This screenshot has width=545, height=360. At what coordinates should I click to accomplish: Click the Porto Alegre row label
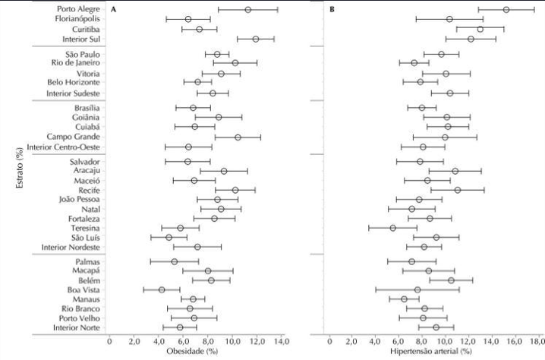pos(78,9)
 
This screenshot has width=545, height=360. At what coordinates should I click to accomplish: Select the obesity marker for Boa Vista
pos(162,289)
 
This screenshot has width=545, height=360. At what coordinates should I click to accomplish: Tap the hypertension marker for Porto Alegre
pos(506,10)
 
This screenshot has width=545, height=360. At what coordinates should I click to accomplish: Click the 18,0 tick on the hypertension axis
pos(537,341)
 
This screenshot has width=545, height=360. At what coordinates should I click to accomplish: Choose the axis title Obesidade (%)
pos(192,351)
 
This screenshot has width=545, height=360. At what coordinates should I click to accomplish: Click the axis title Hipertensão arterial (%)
pos(431,351)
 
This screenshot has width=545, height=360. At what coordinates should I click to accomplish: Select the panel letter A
pos(113,9)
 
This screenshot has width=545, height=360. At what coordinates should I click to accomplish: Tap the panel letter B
pos(332,9)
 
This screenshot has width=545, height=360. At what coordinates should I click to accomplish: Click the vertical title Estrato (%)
pos(20,168)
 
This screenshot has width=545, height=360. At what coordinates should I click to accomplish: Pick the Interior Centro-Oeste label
pos(63,147)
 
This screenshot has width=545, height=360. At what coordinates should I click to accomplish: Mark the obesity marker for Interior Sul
pos(256,39)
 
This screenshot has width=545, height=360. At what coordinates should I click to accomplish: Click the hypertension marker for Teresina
pos(392,228)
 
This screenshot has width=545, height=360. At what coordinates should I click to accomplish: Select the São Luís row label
pos(86,238)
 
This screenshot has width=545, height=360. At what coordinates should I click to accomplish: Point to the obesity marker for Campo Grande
pos(238,137)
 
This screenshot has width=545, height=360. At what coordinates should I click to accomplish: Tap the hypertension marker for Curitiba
pos(480,29)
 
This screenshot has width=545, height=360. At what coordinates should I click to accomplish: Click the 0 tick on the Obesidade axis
pos(109,341)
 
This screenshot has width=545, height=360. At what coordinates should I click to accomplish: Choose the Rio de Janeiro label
pos(75,62)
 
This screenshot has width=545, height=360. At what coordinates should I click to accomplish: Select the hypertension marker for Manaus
pos(405,299)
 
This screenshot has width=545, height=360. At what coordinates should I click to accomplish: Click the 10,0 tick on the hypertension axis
pos(445,341)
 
